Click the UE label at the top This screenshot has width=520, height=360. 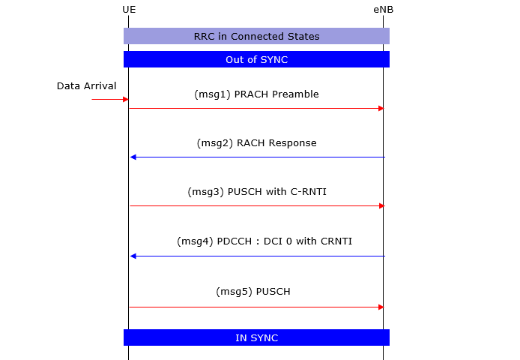pos(129,10)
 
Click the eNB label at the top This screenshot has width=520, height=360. pos(384,10)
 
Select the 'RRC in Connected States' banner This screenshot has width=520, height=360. pos(256,36)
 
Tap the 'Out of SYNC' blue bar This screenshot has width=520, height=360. pos(256,59)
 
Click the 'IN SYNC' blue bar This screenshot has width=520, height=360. pos(256,337)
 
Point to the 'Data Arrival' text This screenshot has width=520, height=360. pos(87,86)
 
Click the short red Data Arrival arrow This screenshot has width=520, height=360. pos(110,99)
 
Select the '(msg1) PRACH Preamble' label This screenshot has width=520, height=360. pos(256,94)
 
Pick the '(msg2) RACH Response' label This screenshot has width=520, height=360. pos(256,143)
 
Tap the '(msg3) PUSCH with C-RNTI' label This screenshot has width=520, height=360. pos(257,192)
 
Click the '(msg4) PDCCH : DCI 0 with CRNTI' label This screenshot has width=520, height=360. pos(264,241)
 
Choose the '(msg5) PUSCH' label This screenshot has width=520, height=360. pos(253,292)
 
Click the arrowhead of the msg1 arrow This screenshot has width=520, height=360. pos(381,108)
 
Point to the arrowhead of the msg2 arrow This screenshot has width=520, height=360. pos(133,157)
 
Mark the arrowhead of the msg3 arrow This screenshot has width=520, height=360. pos(381,206)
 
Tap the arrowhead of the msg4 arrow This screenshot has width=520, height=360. pos(133,256)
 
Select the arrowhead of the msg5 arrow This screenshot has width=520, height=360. pos(381,307)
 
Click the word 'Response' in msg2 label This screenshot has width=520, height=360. pos(292,143)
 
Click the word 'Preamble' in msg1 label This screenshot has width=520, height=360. pos(295,94)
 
